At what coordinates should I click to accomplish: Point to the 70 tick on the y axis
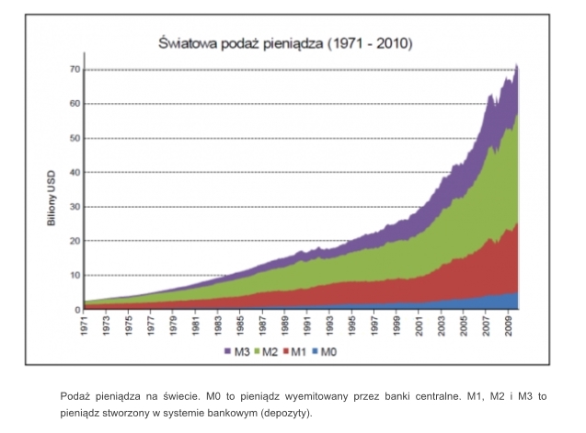75,70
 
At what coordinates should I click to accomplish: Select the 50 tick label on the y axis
75,138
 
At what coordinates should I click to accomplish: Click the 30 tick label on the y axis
75,207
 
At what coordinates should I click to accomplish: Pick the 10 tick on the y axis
75,276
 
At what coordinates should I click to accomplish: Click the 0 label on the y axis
77,310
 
